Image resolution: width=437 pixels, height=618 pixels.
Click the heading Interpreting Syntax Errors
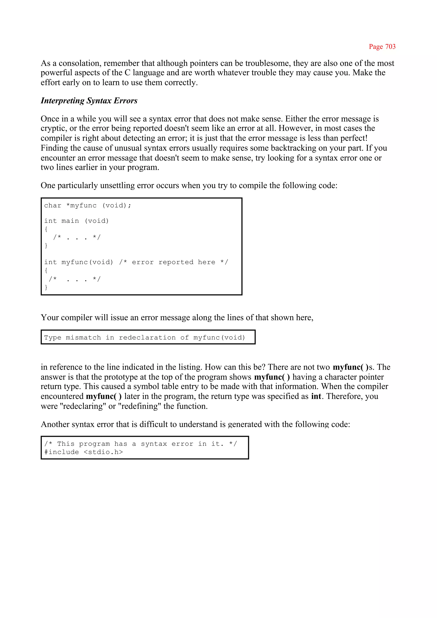click(x=89, y=100)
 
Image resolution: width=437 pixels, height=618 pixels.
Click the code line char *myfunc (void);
click(x=87, y=206)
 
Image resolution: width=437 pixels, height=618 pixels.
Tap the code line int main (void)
click(x=76, y=221)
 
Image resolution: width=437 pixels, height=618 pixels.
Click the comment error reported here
click(x=173, y=262)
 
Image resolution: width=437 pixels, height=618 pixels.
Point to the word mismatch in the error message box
click(x=83, y=338)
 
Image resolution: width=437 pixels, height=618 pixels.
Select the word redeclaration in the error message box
click(x=147, y=338)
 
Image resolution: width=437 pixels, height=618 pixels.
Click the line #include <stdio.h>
click(x=83, y=452)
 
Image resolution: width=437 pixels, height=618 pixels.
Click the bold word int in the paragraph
click(x=316, y=396)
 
